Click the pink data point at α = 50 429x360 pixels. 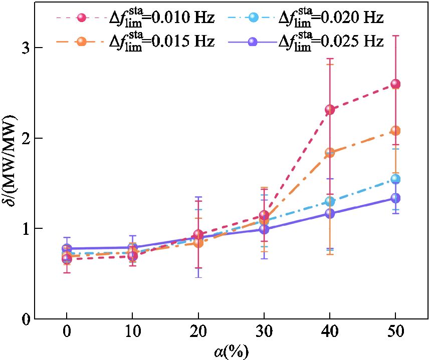[395, 84]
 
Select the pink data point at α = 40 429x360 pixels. [330, 109]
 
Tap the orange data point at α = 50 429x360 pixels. [395, 131]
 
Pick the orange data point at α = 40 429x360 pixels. [330, 152]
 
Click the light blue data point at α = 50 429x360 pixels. [395, 179]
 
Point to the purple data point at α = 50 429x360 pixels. [395, 198]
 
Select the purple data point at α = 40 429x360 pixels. [330, 213]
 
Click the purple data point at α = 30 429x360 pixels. [264, 229]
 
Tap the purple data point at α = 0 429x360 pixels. [67, 248]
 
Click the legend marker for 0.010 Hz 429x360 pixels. [83, 18]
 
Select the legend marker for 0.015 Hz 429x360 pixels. [83, 41]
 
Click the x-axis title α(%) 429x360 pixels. [231, 350]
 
